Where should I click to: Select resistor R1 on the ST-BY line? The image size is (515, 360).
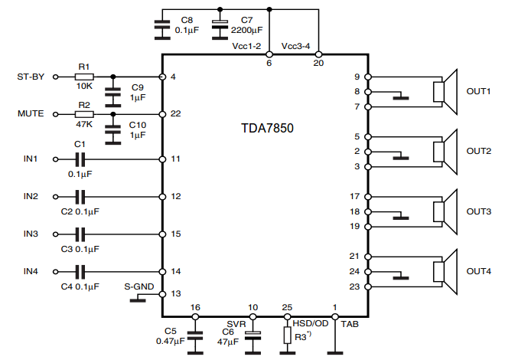pyautogui.click(x=84, y=77)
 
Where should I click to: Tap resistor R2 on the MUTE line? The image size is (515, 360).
pyautogui.click(x=84, y=113)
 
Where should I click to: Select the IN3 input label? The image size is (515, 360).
pyautogui.click(x=31, y=233)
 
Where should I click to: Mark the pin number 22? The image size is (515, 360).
pyautogui.click(x=175, y=113)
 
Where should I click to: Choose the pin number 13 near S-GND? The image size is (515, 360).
pyautogui.click(x=175, y=293)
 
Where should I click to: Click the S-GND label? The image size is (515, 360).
pyautogui.click(x=139, y=286)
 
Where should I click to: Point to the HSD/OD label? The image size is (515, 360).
pyautogui.click(x=310, y=324)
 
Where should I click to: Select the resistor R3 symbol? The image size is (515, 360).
pyautogui.click(x=287, y=335)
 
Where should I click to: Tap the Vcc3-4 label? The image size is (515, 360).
pyautogui.click(x=296, y=47)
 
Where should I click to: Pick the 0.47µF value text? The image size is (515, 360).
pyautogui.click(x=171, y=341)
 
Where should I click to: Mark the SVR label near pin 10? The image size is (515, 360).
pyautogui.click(x=236, y=323)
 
